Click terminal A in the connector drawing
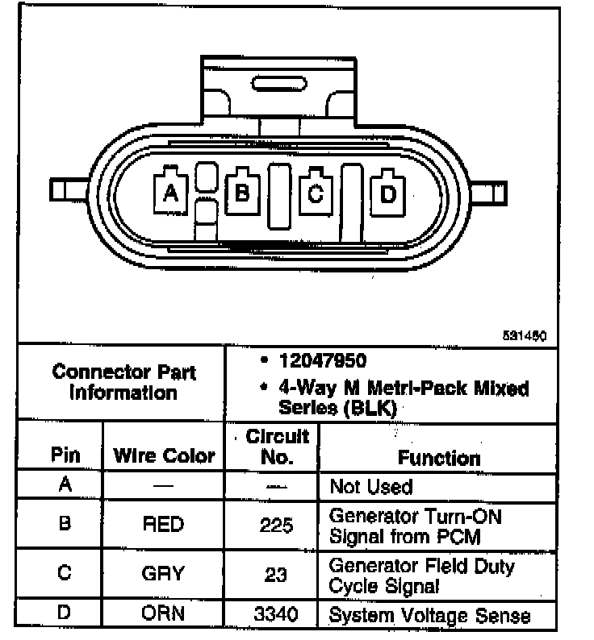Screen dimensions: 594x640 pos(170,192)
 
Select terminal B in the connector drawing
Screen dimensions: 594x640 pos(241,192)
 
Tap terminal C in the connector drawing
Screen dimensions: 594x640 pos(316,192)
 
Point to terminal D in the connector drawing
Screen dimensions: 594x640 pos(387,193)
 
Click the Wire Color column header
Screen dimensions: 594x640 pos(165,456)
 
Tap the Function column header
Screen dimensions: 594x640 pos(439,458)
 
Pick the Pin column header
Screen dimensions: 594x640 pos(65,456)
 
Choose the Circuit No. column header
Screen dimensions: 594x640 pos(277,447)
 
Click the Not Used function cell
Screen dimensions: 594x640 pos(371,487)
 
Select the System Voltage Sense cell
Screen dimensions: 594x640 pos(430,616)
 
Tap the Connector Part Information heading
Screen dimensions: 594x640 pos(123,383)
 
